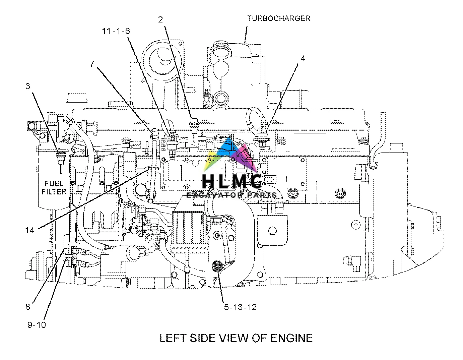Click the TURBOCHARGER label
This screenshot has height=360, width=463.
[x=279, y=18]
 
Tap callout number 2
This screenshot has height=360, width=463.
[x=160, y=20]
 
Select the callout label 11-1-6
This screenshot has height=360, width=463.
[x=116, y=31]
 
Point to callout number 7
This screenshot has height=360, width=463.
[x=92, y=64]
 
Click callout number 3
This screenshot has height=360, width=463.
[x=27, y=86]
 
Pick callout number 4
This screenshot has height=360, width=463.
[x=303, y=59]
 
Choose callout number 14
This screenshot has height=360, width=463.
[x=29, y=230]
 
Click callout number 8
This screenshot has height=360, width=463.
[x=27, y=306]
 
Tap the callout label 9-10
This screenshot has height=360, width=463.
[x=37, y=324]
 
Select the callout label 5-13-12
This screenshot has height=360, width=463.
[x=240, y=307]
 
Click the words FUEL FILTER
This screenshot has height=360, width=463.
[x=56, y=187]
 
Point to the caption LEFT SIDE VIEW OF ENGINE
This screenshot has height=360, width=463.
[x=236, y=338]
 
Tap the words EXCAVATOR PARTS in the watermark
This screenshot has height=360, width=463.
[x=231, y=195]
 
